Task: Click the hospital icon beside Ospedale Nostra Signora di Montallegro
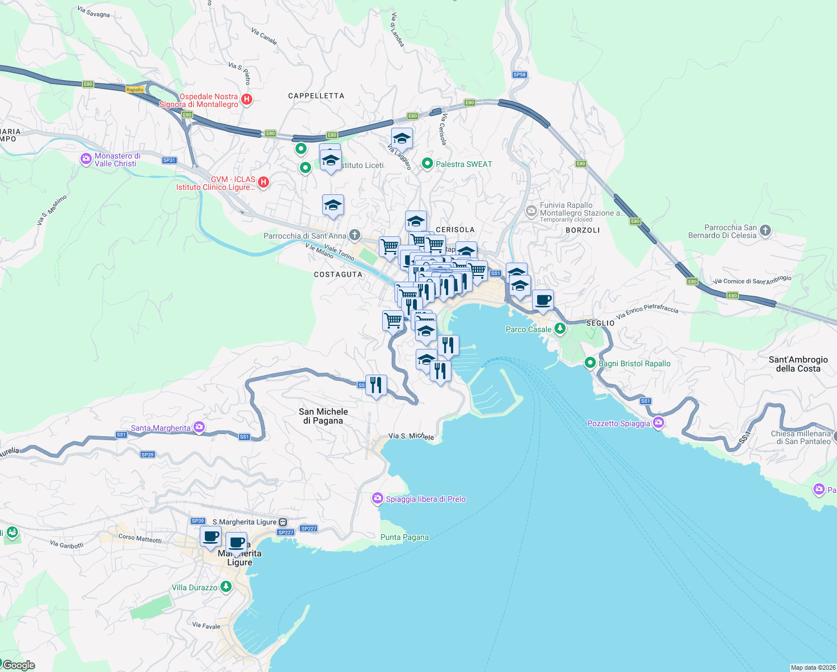pyautogui.click(x=246, y=100)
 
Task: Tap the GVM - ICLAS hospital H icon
pyautogui.click(x=264, y=182)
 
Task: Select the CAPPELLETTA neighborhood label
pyautogui.click(x=316, y=96)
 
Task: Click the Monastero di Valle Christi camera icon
pyautogui.click(x=86, y=159)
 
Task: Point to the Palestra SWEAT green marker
pyautogui.click(x=427, y=164)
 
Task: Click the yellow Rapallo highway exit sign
pyautogui.click(x=135, y=90)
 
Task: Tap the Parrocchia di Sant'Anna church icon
pyautogui.click(x=355, y=235)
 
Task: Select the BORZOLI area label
pyautogui.click(x=582, y=230)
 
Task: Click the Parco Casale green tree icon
pyautogui.click(x=559, y=329)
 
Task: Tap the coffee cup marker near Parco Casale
pyautogui.click(x=543, y=300)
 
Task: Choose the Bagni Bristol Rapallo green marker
pyautogui.click(x=590, y=363)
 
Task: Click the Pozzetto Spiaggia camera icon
pyautogui.click(x=659, y=423)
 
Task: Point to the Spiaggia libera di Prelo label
pyautogui.click(x=425, y=499)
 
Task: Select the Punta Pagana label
pyautogui.click(x=405, y=537)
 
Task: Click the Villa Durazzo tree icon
pyautogui.click(x=225, y=587)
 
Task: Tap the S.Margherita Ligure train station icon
pyautogui.click(x=283, y=522)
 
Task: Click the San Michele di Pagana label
pyautogui.click(x=323, y=416)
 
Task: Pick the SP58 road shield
pyautogui.click(x=519, y=74)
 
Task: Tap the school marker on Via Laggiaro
pyautogui.click(x=402, y=138)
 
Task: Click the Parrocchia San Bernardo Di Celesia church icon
pyautogui.click(x=766, y=230)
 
